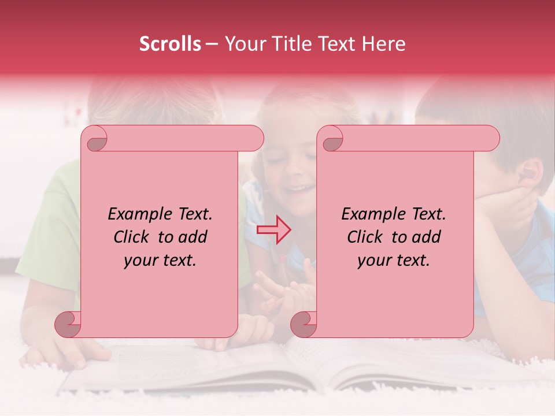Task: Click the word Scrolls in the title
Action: coord(170,44)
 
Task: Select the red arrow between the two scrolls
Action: coord(273,230)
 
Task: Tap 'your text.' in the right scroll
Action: coord(394,260)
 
